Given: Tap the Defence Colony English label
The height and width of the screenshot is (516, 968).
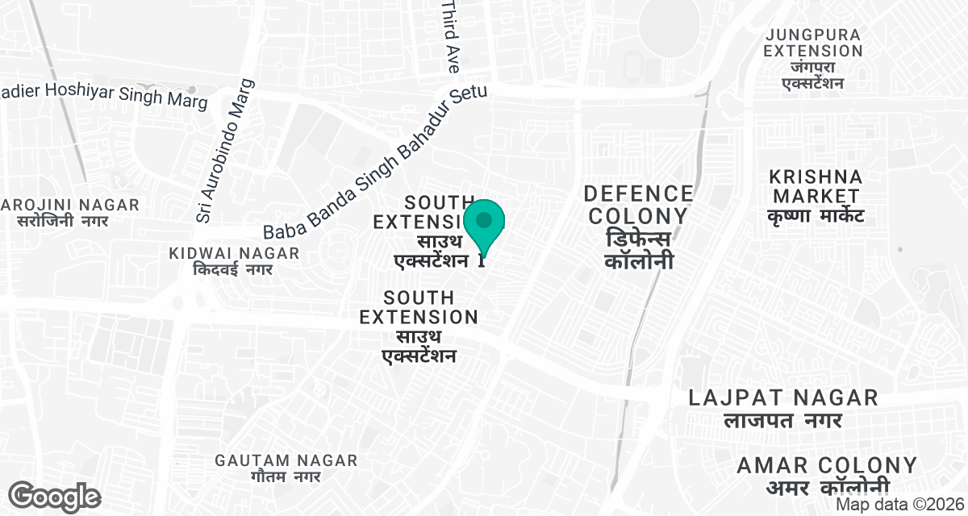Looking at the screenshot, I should coord(638,205).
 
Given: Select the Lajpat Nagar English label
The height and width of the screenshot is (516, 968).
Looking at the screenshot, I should coord(782,397).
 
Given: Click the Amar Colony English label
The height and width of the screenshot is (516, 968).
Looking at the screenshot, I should coord(827,465).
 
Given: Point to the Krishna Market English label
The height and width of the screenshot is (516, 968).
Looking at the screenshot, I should coord(816,186).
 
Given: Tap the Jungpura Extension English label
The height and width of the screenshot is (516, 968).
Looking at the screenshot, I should coord(815,41).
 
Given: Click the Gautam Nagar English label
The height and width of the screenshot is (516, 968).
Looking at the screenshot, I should coord(286,460).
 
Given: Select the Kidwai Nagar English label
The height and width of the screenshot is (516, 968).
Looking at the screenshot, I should coord(234,253).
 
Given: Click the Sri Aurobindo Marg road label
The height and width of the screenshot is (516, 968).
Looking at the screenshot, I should coord(224,151).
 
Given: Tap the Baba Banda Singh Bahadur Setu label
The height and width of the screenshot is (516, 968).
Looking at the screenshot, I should coord(376,162).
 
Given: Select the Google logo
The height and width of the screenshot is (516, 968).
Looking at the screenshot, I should coord(54,497).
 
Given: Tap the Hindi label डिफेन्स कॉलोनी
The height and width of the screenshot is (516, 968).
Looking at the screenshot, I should coord(638,252).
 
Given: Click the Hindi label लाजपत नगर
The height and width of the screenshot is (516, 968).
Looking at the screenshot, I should coord(782,420).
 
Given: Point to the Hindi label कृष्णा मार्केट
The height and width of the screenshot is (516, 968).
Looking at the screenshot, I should coord(816,216).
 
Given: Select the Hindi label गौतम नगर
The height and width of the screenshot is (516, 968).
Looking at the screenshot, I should coord(286,477).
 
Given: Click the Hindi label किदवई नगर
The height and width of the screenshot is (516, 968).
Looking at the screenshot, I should coord(234,270).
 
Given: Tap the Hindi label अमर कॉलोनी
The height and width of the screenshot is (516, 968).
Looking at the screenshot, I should coord(827,486).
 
